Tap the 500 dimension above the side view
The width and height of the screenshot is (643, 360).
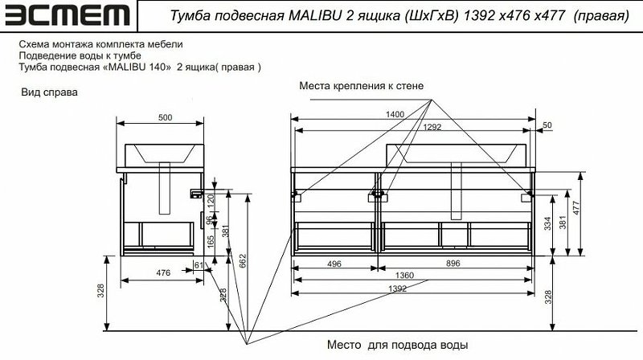165,118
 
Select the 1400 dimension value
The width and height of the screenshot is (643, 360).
394,115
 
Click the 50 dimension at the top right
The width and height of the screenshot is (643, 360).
547,126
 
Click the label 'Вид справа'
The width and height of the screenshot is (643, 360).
49,92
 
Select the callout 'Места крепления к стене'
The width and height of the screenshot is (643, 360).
361,84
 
